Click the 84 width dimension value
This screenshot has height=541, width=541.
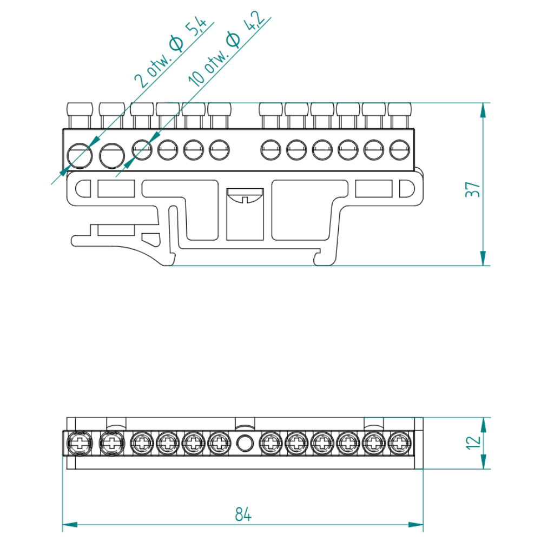[x=243, y=514]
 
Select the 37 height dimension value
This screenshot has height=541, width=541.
[x=472, y=189]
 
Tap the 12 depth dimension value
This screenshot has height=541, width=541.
[x=473, y=443]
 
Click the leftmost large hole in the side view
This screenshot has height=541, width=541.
[x=80, y=156]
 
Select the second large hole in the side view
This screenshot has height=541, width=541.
[x=112, y=156]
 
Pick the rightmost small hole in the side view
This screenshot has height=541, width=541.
[x=400, y=150]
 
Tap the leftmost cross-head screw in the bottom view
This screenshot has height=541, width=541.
[x=80, y=443]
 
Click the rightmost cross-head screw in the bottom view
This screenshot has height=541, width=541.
[x=400, y=443]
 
